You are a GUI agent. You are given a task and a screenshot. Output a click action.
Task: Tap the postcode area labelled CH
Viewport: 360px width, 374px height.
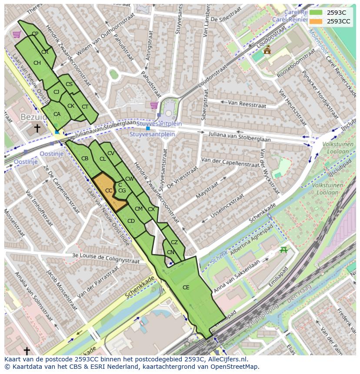tap(37, 63)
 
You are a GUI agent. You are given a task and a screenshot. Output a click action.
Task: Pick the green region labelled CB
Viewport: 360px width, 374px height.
tap(85, 159)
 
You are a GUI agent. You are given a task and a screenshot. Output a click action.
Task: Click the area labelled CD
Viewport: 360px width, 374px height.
tap(131, 221)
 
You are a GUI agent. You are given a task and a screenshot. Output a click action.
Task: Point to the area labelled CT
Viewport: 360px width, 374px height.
tap(85, 107)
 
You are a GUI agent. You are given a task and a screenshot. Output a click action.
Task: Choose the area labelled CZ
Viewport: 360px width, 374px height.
tap(174, 242)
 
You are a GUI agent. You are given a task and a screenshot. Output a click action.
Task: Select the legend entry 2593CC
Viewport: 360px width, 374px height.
tap(338, 21)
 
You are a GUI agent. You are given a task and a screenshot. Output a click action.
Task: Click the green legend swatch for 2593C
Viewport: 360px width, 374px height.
tap(316, 13)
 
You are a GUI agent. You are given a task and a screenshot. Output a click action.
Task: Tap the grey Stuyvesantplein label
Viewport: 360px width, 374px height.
tap(152, 134)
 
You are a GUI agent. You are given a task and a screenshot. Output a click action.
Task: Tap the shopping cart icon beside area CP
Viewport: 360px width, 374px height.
tap(17, 34)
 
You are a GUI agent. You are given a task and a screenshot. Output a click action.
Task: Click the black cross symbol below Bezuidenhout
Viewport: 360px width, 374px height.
tap(37, 128)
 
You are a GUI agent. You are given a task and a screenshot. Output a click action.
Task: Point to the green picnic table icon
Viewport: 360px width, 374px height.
tap(284, 249)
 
